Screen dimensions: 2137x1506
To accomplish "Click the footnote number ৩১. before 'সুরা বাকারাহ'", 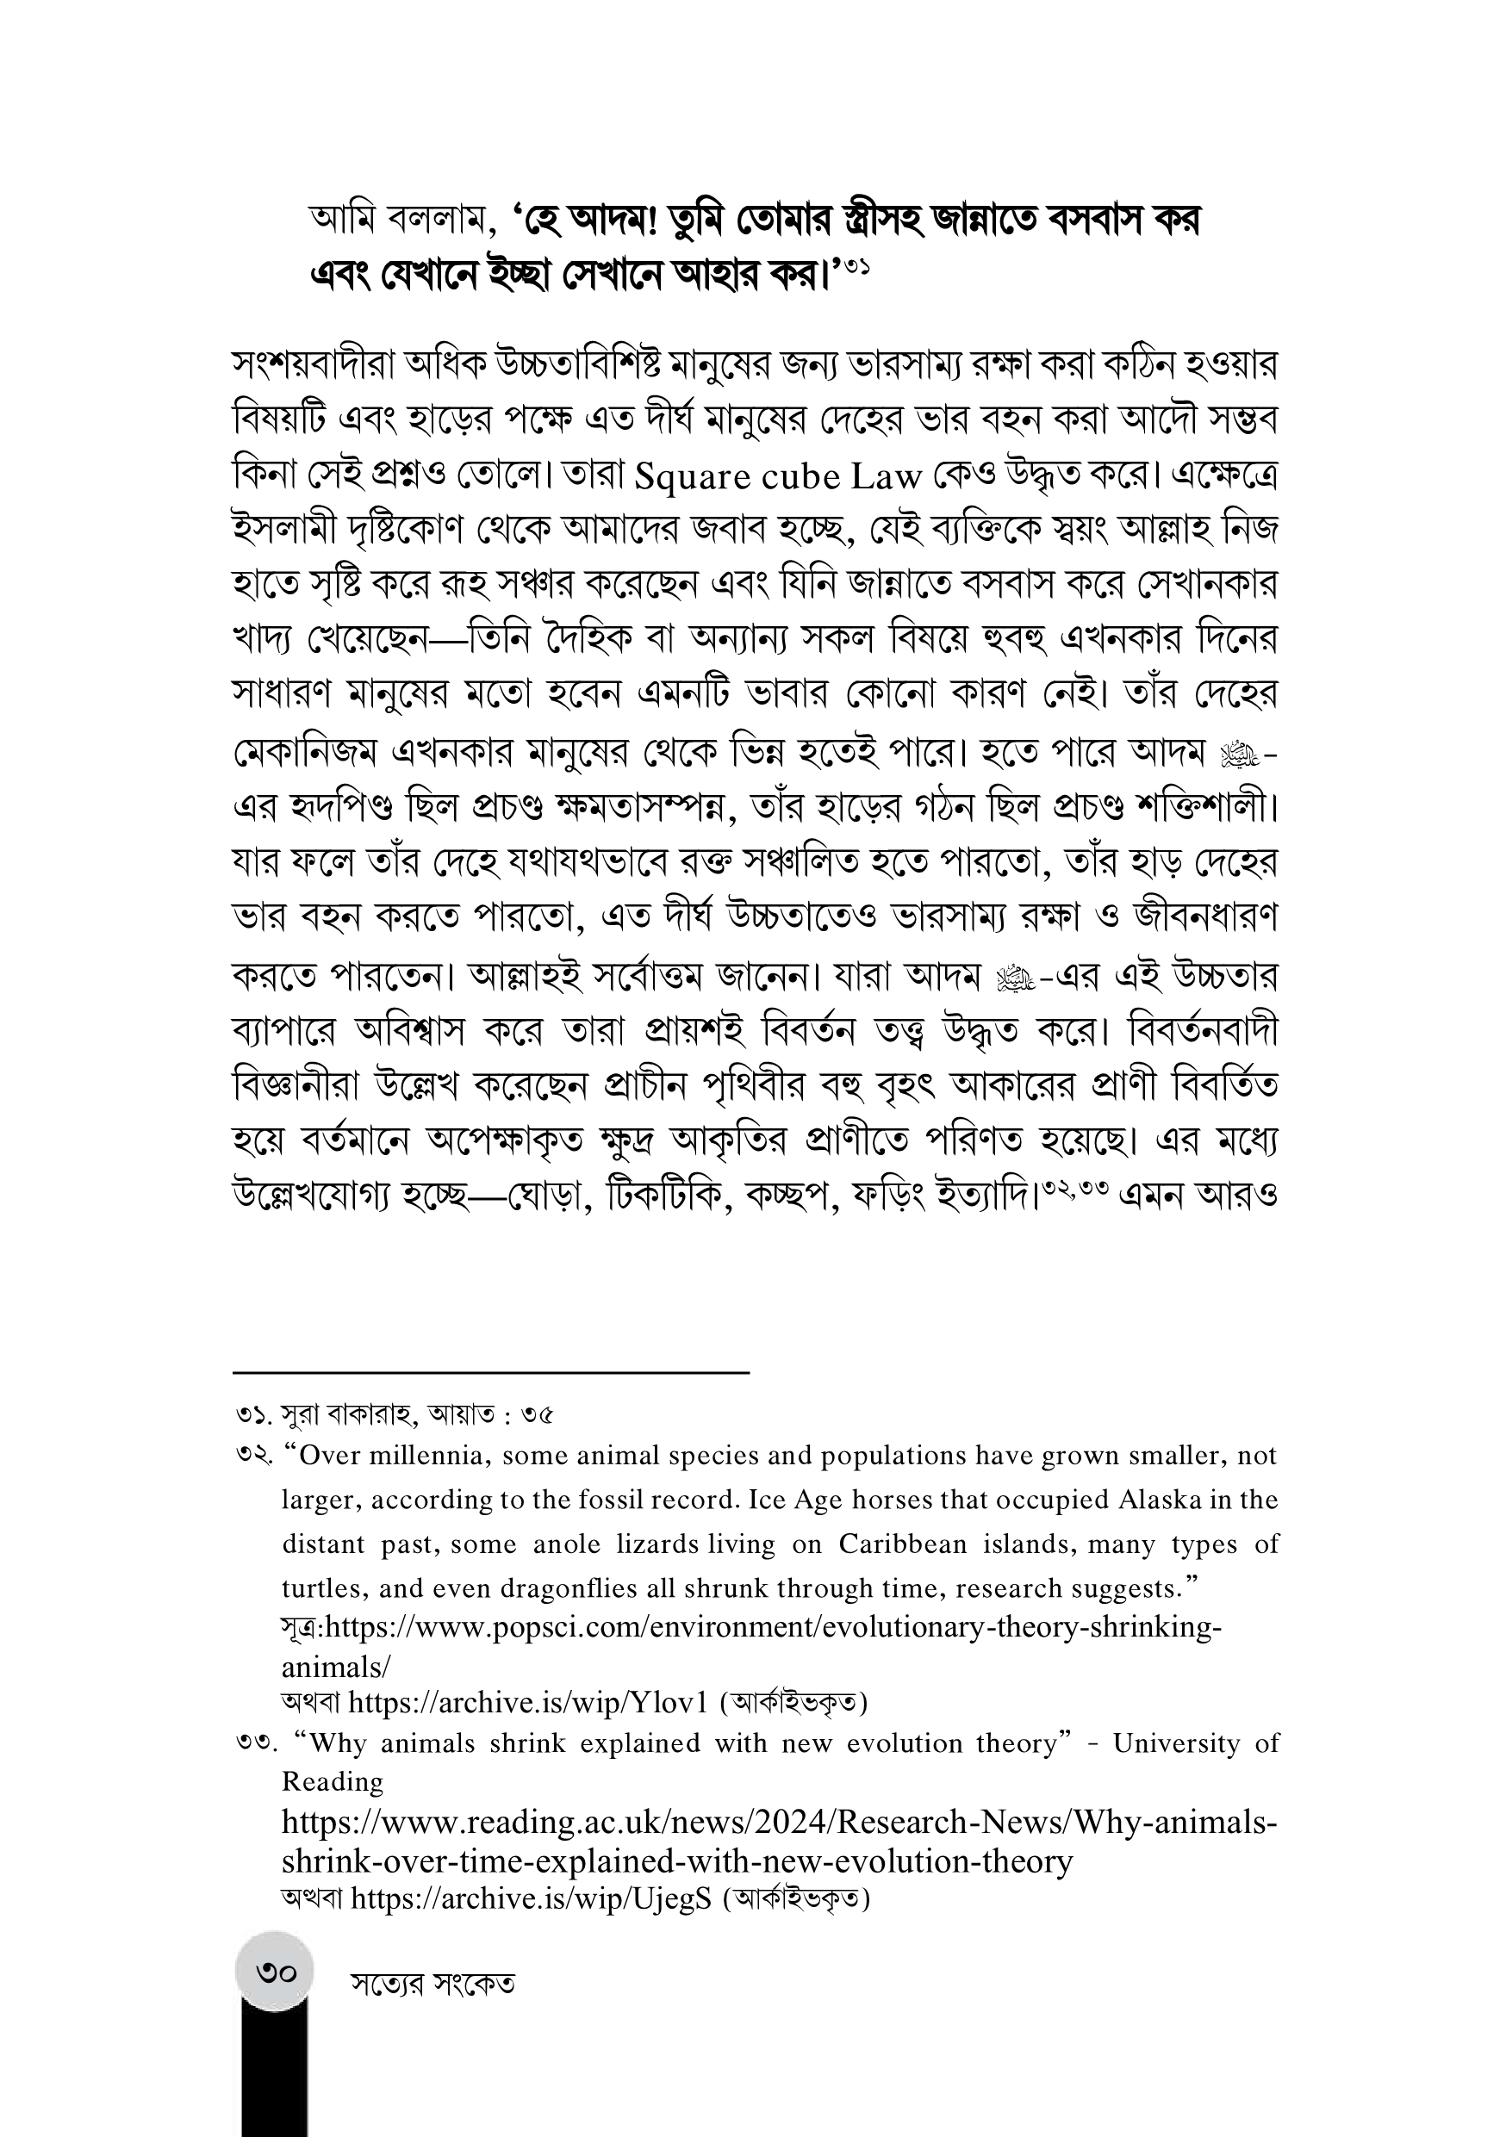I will (x=253, y=1416).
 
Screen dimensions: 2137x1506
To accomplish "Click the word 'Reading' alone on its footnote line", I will (x=333, y=1781).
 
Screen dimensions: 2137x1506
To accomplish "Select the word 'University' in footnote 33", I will (x=1177, y=1743).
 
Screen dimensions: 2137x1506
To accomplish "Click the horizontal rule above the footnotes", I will (x=490, y=1372).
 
